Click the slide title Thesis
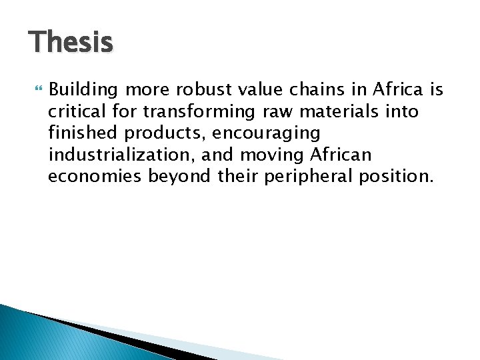pyautogui.click(x=71, y=43)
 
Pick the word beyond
pyautogui.click(x=174, y=177)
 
